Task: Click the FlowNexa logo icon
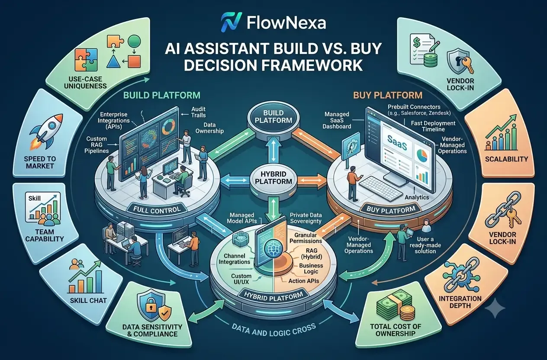pos(232,22)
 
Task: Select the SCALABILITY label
pos(506,159)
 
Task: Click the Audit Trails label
pos(198,112)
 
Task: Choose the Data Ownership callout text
pos(209,128)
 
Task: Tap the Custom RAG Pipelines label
pos(97,145)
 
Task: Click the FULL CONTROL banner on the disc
pos(157,209)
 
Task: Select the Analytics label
pos(417,197)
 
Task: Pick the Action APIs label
pos(303,281)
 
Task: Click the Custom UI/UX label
pos(241,279)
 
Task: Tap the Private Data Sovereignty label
pos(306,218)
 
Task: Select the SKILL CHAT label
pos(88,300)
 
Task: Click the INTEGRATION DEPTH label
pos(460,302)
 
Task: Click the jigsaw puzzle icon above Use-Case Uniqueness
pos(86,60)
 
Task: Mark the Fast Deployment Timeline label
pos(433,126)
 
